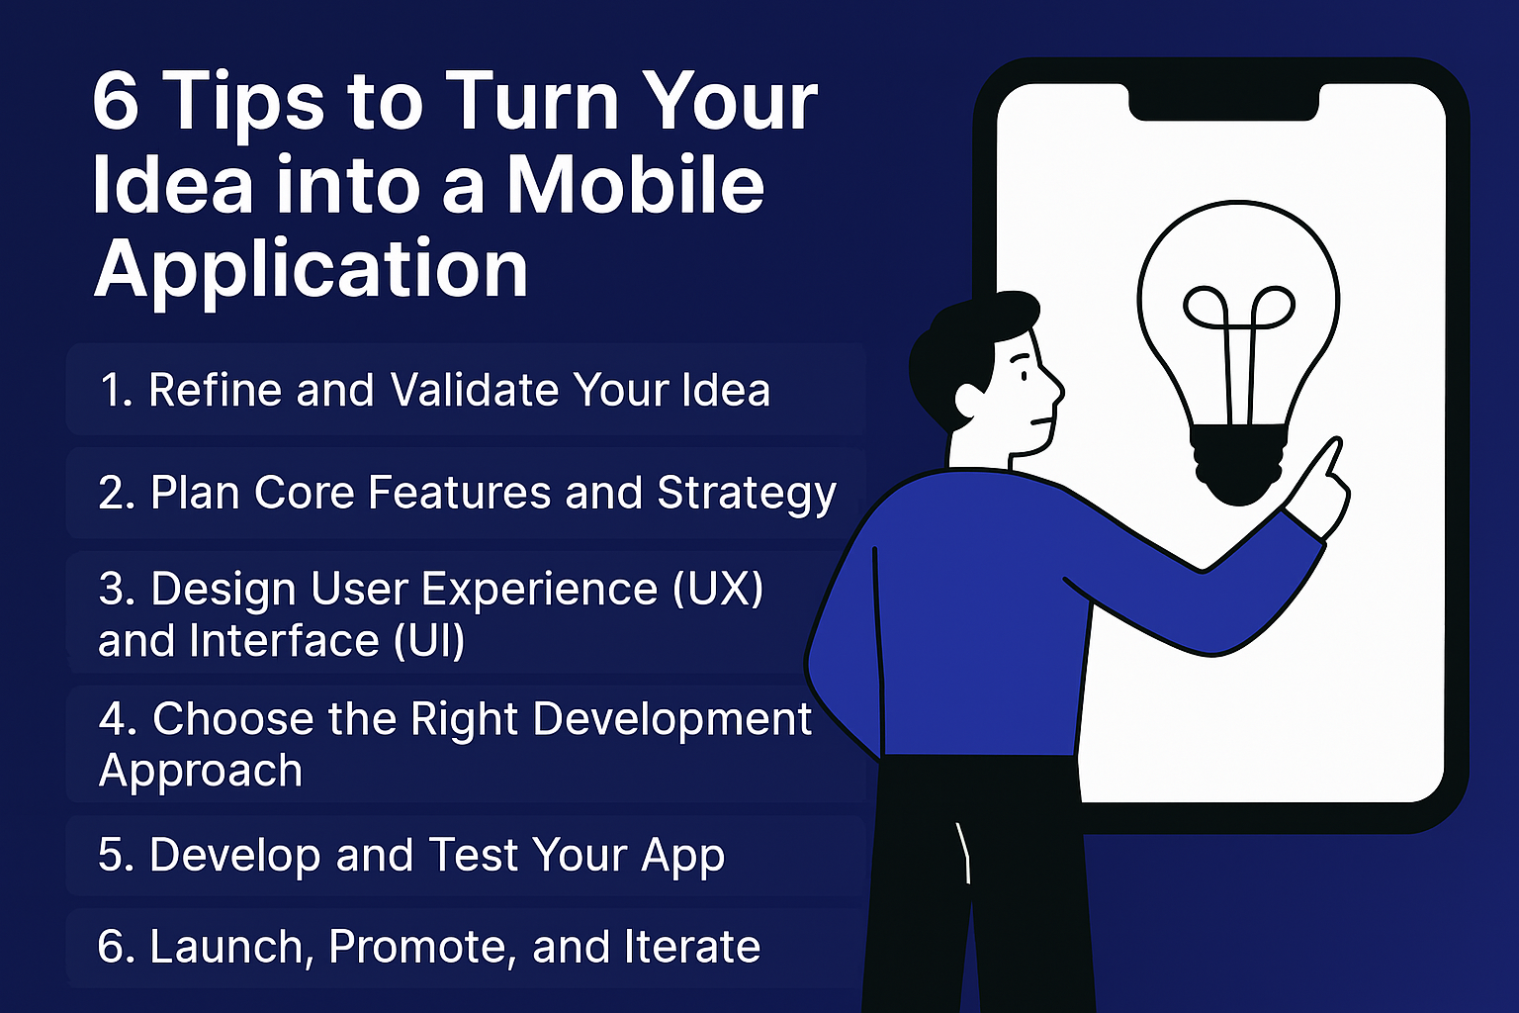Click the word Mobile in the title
(x=636, y=185)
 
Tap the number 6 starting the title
(x=116, y=102)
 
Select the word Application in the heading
(x=311, y=270)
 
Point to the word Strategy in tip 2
(x=747, y=494)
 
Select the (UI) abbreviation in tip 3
(x=428, y=640)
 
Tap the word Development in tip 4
(x=672, y=718)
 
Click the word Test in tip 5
(x=472, y=855)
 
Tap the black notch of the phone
(x=1223, y=104)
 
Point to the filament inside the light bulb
(x=1239, y=353)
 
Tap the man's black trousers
(x=976, y=882)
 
